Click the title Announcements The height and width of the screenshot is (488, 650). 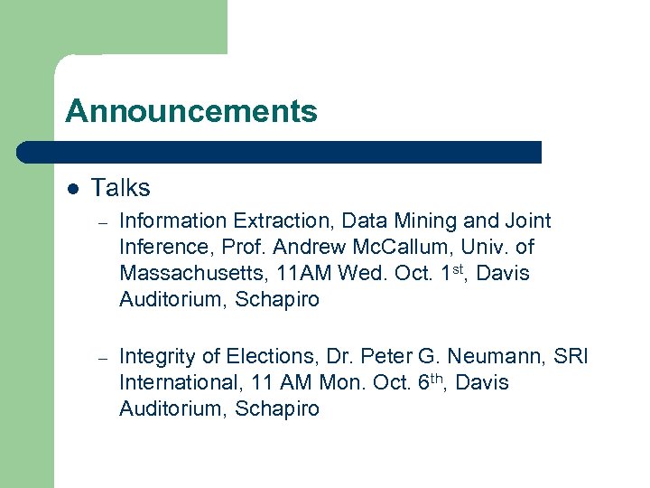(x=191, y=111)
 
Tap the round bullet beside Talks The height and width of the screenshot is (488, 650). (x=74, y=189)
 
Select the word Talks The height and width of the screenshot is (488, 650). (x=120, y=188)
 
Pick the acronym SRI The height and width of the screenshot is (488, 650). (x=570, y=356)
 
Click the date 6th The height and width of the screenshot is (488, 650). (x=432, y=380)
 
